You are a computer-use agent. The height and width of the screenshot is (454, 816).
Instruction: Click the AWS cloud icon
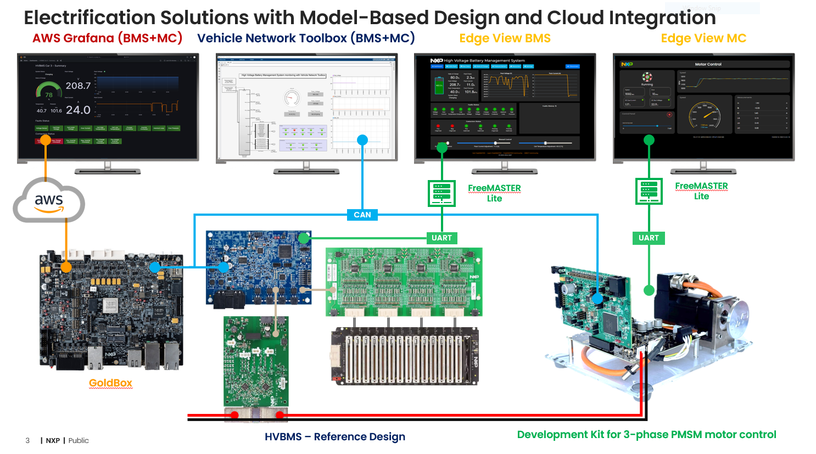click(x=49, y=201)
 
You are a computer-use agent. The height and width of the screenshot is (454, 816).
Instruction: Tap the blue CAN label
click(x=362, y=215)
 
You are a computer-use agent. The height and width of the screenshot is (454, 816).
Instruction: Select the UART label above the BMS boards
click(x=441, y=238)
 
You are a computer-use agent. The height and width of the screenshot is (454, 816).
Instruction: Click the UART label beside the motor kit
click(x=649, y=238)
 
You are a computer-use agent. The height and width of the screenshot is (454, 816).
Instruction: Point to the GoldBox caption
click(x=110, y=383)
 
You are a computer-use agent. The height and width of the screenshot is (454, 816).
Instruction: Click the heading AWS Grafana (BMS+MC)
click(x=107, y=38)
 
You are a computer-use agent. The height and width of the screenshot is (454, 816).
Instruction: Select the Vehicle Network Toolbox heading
click(x=306, y=38)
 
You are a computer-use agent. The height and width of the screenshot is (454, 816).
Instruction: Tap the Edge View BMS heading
click(x=505, y=38)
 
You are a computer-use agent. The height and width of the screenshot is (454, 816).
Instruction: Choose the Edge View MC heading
click(x=703, y=38)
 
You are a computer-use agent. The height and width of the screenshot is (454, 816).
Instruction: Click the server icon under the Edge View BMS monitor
click(x=441, y=193)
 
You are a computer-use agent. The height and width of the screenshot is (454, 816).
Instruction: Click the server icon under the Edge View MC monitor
click(x=649, y=190)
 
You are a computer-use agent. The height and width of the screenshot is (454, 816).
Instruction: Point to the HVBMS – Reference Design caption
click(x=335, y=436)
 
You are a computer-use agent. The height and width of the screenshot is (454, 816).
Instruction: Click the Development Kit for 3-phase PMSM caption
click(x=646, y=435)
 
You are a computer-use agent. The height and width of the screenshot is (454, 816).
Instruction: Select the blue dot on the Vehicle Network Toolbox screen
click(x=362, y=140)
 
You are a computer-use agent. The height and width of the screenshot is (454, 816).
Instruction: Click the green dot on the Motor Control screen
click(x=649, y=140)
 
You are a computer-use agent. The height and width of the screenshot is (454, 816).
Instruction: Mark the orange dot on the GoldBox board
click(x=66, y=267)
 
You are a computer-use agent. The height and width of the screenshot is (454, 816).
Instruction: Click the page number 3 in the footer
click(x=27, y=440)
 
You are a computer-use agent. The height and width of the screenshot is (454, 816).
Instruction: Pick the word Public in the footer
click(x=79, y=440)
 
